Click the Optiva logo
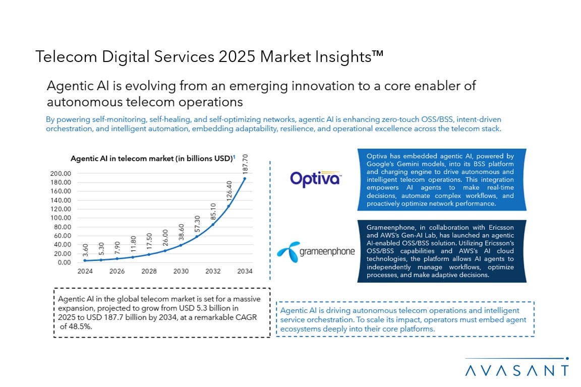click(316, 178)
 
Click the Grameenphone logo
click(316, 251)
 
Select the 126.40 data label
click(229, 191)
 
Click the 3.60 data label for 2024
click(85, 250)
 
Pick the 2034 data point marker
click(245, 178)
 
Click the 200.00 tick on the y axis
click(61, 173)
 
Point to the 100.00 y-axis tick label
click(61, 218)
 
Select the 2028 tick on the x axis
click(149, 271)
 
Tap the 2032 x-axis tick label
click(213, 271)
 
